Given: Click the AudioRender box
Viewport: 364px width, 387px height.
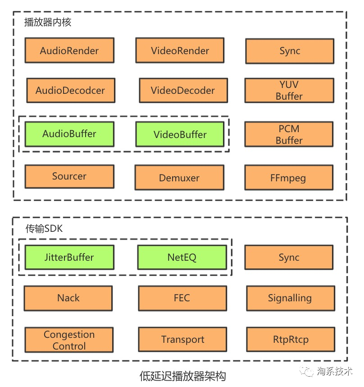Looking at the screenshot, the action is point(69,51).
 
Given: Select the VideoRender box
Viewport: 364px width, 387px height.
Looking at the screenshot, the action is point(180,51).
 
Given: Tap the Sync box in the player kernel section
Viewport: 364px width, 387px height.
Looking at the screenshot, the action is point(290,51).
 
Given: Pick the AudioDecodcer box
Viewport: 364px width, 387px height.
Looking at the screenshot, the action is point(71,90).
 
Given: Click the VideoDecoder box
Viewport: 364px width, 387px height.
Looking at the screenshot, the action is point(183,90).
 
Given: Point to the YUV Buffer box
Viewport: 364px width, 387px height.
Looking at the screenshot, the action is point(289,90).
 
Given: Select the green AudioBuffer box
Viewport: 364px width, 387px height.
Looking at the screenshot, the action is point(69,134).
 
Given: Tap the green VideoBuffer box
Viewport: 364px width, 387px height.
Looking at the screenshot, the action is point(180,134).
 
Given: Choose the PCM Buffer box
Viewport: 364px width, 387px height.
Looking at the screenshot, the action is point(289,134).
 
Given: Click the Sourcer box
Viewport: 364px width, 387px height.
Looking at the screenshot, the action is point(69,176).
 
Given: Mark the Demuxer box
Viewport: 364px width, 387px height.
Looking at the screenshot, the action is point(179,177).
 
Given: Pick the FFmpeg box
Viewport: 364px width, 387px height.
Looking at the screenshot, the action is point(289,177).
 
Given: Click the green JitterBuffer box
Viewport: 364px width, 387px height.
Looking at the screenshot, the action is point(69,257).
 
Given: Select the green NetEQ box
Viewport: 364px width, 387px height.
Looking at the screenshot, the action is point(182,257).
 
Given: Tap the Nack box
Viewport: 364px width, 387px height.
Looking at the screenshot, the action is point(68,298).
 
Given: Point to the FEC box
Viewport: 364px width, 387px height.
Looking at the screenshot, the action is point(182,298).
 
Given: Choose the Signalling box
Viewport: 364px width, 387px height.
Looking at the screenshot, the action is point(291,298).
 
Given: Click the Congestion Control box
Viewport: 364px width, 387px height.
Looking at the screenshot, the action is point(69,340).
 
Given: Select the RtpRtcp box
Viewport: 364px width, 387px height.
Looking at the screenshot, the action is point(291,339).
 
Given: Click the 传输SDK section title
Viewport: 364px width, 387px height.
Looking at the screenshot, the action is point(44,229).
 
